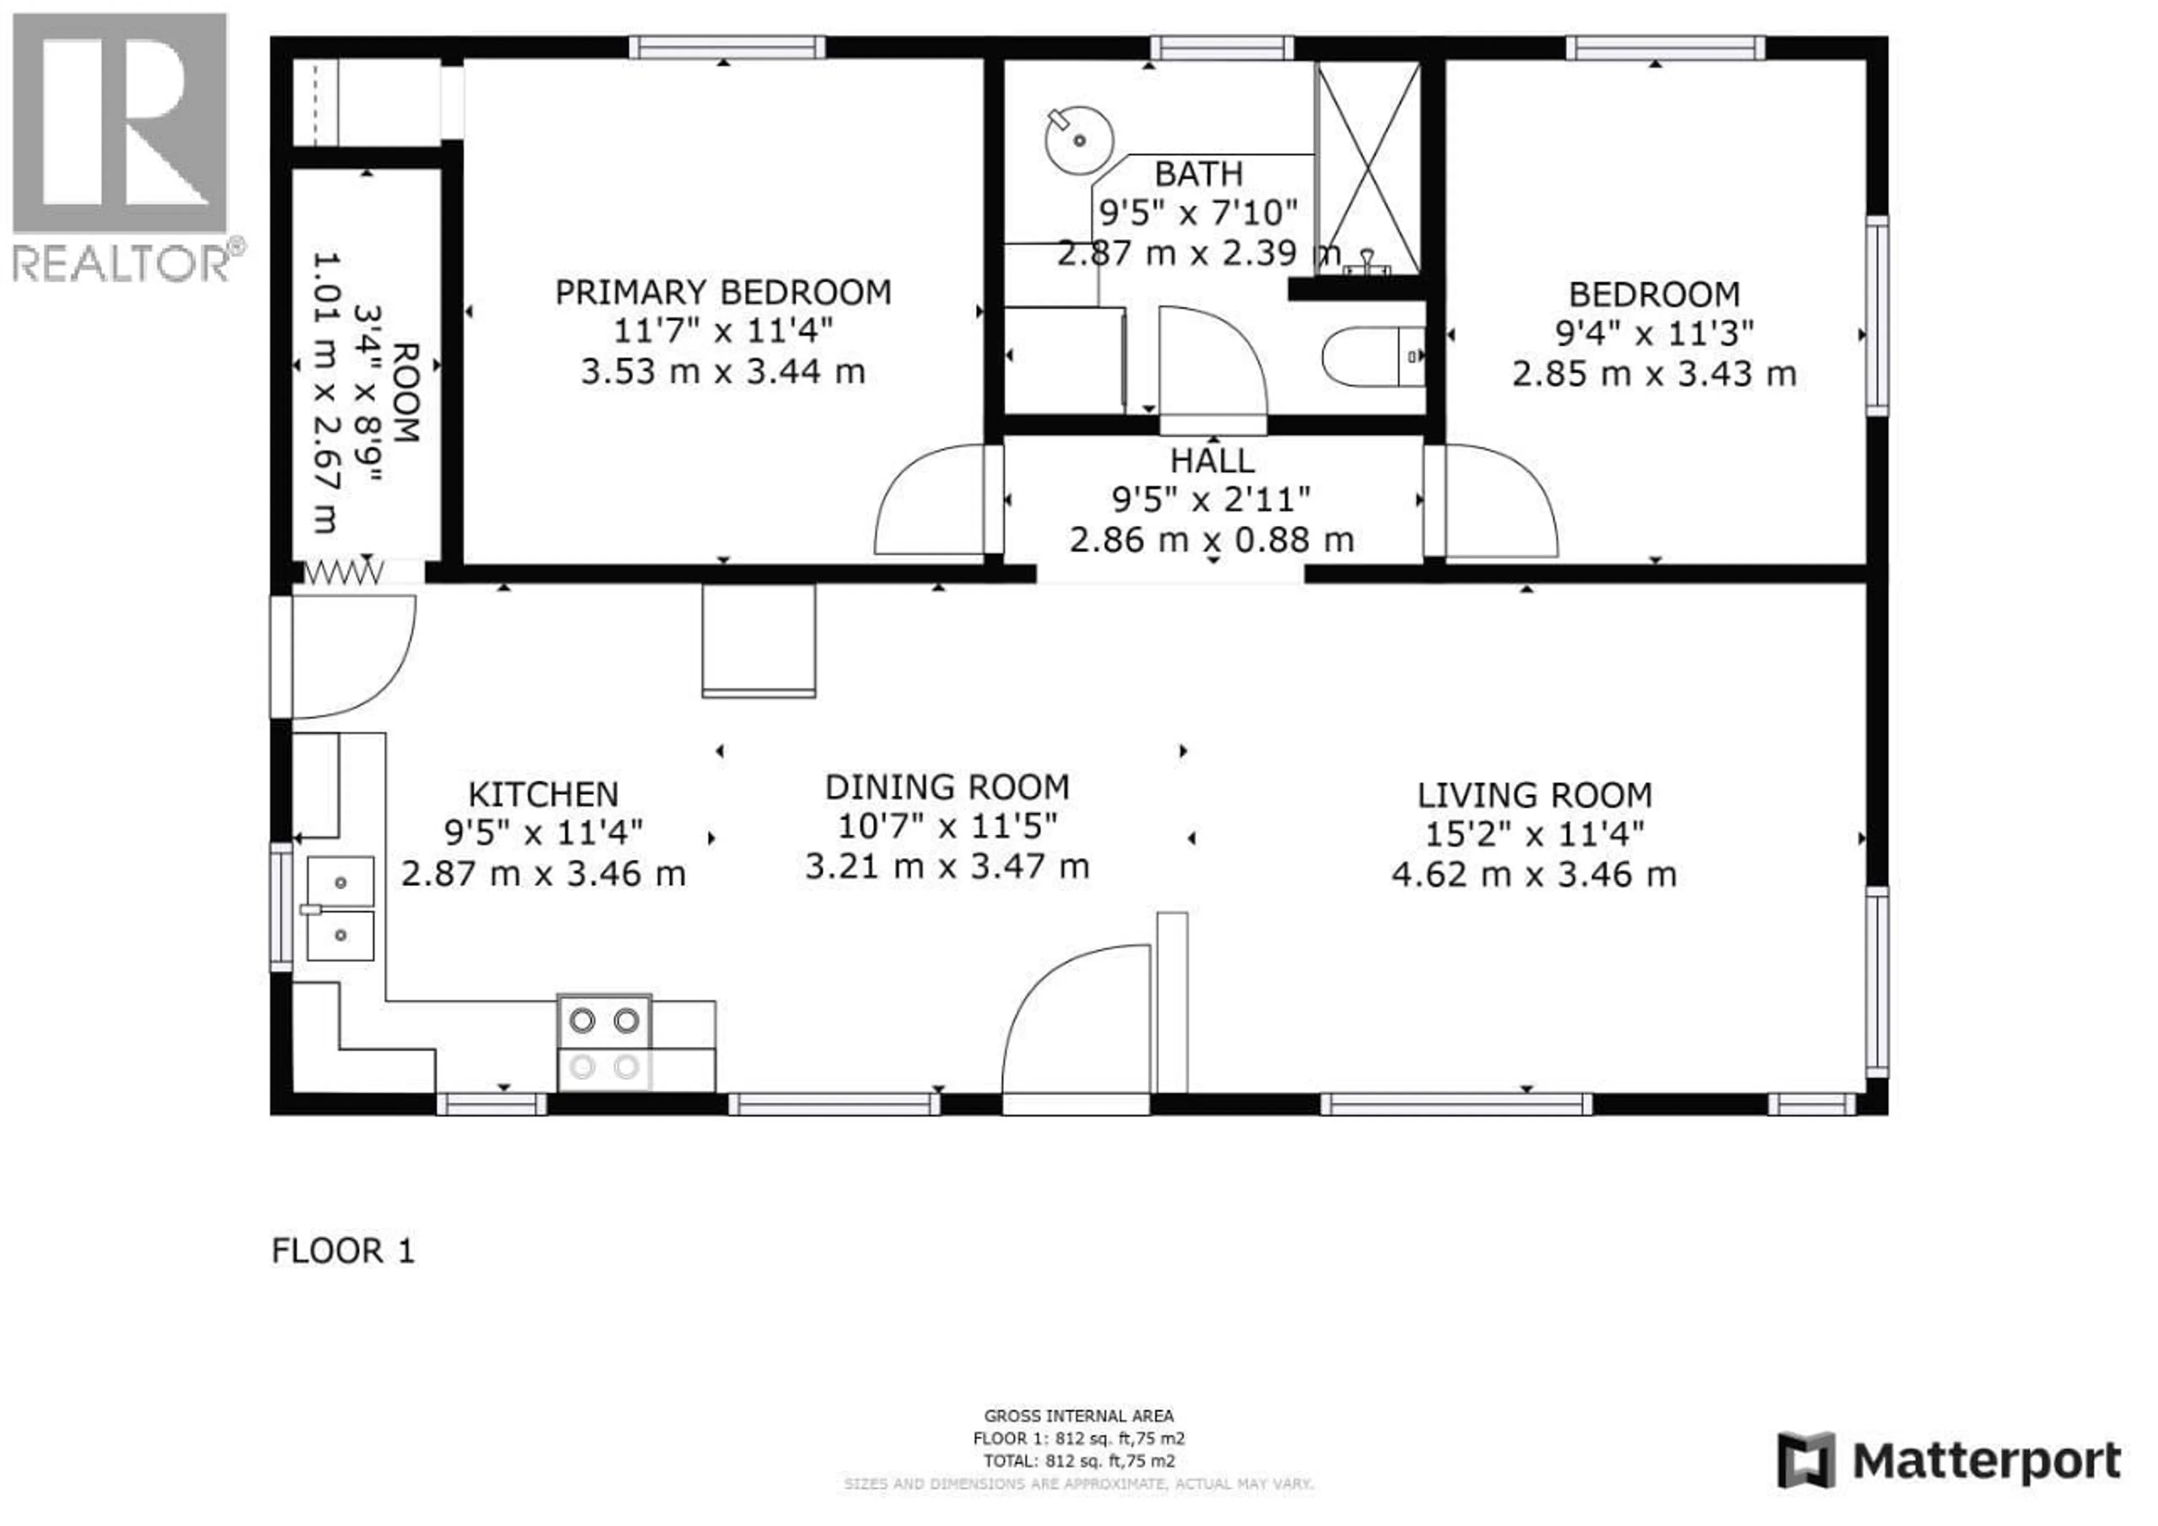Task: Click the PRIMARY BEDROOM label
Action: coord(723,292)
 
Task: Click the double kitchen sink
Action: coord(340,908)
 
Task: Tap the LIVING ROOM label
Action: coord(1534,795)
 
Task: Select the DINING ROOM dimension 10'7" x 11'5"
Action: coord(946,826)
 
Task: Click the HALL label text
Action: coord(1212,461)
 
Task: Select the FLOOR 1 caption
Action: coord(343,1251)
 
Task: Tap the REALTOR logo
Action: coord(122,146)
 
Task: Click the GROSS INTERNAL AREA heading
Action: coord(1078,1415)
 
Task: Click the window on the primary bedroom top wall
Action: coord(727,47)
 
